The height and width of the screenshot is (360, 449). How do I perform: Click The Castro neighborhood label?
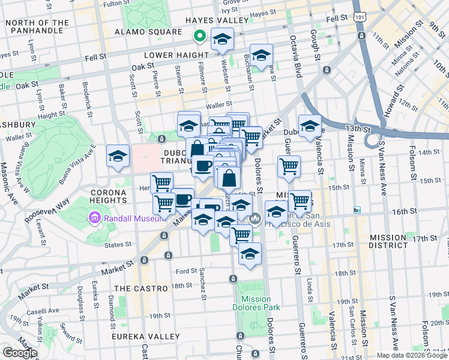(140, 289)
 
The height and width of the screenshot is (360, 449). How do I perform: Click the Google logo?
(20, 353)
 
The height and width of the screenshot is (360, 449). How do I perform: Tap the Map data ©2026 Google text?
(411, 355)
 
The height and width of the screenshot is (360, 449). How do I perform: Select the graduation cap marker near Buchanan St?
(261, 56)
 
